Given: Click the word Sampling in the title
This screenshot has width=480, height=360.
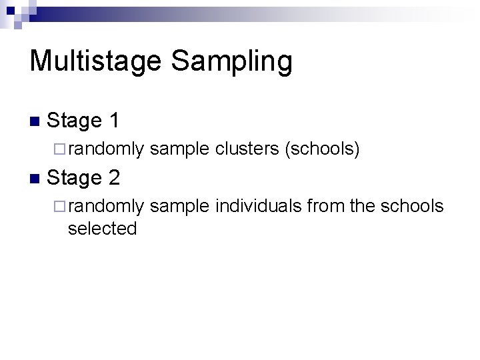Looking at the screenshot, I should click(x=231, y=61).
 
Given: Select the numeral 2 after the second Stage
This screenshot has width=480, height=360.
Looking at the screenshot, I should click(x=113, y=177).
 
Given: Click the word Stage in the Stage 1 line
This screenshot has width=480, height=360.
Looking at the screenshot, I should click(x=74, y=121).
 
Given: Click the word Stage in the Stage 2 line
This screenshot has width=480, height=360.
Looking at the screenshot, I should click(x=74, y=178).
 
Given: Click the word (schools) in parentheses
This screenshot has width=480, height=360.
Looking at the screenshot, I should click(x=323, y=150).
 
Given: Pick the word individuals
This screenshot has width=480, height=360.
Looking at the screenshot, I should click(x=259, y=207).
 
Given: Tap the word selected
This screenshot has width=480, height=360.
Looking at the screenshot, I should click(x=102, y=229).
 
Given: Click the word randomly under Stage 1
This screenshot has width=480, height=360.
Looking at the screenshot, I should click(x=105, y=150).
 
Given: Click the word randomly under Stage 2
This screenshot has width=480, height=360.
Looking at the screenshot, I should click(x=105, y=207).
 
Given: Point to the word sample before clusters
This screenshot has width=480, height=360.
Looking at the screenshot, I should click(x=179, y=150).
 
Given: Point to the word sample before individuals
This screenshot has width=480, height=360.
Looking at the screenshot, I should click(x=179, y=207).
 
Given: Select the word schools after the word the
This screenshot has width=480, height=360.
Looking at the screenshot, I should click(x=411, y=207).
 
